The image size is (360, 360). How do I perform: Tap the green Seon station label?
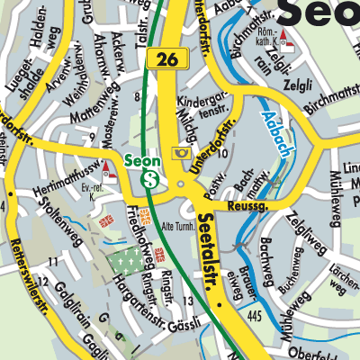tap(141, 161)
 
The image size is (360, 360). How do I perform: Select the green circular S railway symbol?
tap(150, 179)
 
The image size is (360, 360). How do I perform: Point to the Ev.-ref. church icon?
tap(107, 169)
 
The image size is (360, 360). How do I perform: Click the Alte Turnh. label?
tap(180, 226)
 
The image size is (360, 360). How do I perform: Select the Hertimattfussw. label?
tap(68, 179)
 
